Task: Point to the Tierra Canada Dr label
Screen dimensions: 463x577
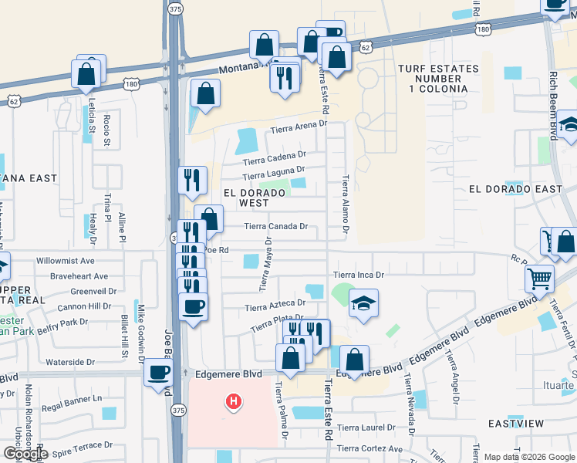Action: tap(276, 227)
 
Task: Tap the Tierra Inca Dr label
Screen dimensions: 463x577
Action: tap(358, 275)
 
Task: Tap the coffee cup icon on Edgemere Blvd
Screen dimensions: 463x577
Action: tap(160, 372)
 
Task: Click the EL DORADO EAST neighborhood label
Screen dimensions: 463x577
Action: tap(516, 189)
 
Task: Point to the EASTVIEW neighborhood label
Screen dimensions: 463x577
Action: tap(516, 424)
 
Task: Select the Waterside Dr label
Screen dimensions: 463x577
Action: tap(69, 361)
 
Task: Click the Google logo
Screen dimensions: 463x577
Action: tap(25, 454)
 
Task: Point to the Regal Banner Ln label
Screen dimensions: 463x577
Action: tap(72, 399)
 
